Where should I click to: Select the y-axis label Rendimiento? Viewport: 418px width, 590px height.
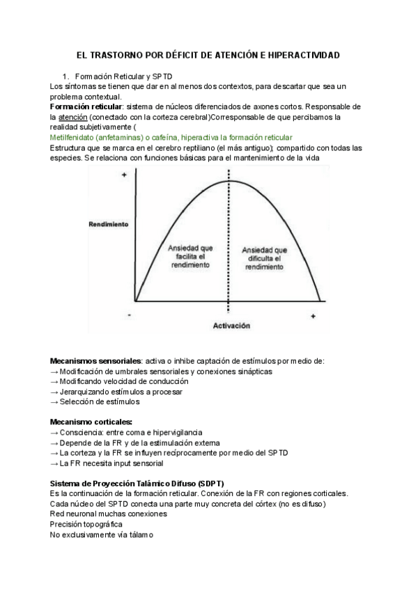pos(109,225)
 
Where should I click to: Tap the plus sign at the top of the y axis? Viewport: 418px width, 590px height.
pos(124,175)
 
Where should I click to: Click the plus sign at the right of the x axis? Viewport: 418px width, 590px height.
pos(313,317)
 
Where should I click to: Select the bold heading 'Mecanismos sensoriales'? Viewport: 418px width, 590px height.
pos(95,361)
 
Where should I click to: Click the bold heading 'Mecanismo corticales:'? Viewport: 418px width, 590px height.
pos(91,422)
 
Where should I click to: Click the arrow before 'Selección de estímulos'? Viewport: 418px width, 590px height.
pos(54,401)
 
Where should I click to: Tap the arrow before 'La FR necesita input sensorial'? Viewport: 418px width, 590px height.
pos(54,463)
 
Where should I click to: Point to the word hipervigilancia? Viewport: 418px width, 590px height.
pos(167,432)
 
